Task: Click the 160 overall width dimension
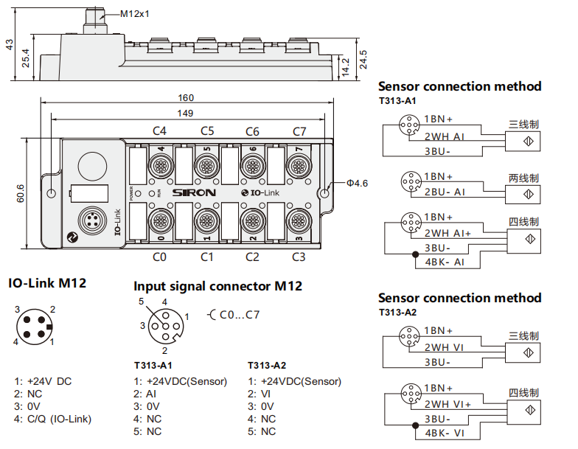pyautogui.click(x=186, y=97)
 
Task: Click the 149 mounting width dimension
pyautogui.click(x=186, y=113)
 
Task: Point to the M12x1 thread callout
pyautogui.click(x=134, y=13)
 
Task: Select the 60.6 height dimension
pyautogui.click(x=21, y=193)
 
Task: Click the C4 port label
pyautogui.click(x=159, y=131)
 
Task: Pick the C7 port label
pyautogui.click(x=299, y=131)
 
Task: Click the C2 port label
pyautogui.click(x=252, y=257)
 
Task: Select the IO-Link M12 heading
pyautogui.click(x=47, y=283)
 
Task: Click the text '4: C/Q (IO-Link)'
pyautogui.click(x=53, y=420)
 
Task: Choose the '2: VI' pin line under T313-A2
pyautogui.click(x=262, y=394)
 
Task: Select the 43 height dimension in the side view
pyautogui.click(x=10, y=45)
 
